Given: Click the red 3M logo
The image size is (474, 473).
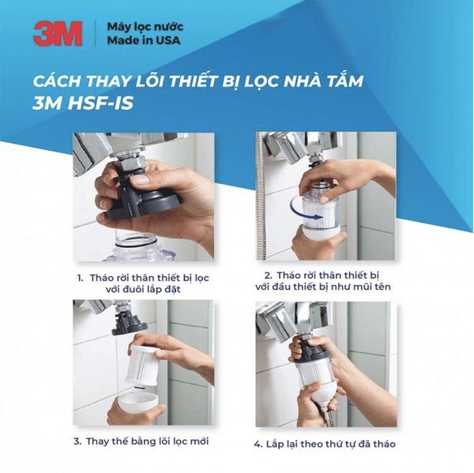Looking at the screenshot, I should coord(57,34).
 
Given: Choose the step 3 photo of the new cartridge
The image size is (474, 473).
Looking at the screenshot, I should coord(143,363).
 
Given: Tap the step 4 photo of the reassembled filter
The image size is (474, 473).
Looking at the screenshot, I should coord(325,363).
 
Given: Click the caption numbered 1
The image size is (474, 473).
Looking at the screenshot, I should coord(143,283).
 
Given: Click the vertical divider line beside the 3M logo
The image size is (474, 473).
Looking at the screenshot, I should coord(94,34).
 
